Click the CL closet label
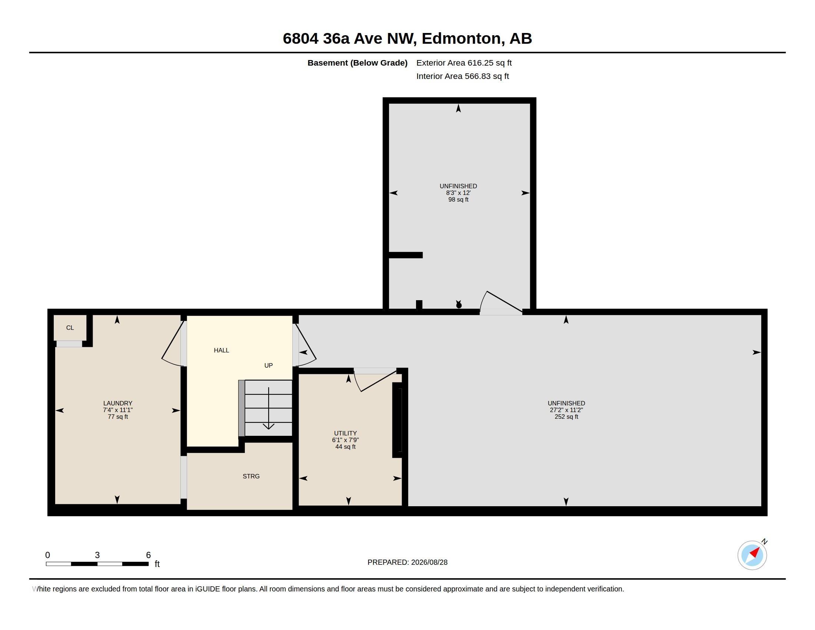pos(70,328)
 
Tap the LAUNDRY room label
pos(118,403)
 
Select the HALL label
pos(221,350)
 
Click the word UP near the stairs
pos(268,365)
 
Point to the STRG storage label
pos(251,476)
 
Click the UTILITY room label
pos(346,433)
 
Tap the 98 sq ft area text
pos(458,200)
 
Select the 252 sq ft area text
pos(566,417)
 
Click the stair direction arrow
pos(269,408)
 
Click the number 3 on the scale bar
pos(97,555)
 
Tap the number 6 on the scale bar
pos(148,555)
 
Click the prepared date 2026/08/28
pos(429,562)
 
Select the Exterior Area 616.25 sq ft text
pos(464,63)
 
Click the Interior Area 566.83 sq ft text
pos(462,76)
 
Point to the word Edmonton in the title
pos(461,39)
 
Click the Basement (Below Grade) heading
pos(357,63)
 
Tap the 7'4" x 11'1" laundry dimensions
pos(118,410)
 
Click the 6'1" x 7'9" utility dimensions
pos(346,440)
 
